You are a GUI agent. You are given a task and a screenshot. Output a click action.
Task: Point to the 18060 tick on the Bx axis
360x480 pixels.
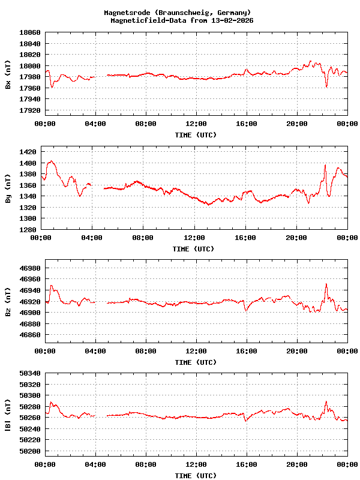29,32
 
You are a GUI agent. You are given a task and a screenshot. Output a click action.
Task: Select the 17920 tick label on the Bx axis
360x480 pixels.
29,111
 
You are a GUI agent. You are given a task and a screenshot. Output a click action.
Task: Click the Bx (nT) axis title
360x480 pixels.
8,74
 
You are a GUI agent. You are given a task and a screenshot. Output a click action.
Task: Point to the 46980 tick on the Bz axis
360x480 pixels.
29,268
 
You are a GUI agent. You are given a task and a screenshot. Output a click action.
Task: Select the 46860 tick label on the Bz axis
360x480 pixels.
29,335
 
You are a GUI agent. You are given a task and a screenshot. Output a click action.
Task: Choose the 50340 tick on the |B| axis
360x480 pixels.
29,373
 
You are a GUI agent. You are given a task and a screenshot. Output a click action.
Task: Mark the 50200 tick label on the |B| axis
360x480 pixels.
29,451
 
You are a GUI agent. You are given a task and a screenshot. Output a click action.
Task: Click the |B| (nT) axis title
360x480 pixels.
8,415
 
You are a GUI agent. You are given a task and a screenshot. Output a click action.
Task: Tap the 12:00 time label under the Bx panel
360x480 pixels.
196,124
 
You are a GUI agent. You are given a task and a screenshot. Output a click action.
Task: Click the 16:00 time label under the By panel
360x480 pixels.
246,238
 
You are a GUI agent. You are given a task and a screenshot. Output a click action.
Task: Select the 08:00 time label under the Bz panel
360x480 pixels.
146,350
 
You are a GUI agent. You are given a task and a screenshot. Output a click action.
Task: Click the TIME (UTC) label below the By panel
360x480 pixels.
193,249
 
